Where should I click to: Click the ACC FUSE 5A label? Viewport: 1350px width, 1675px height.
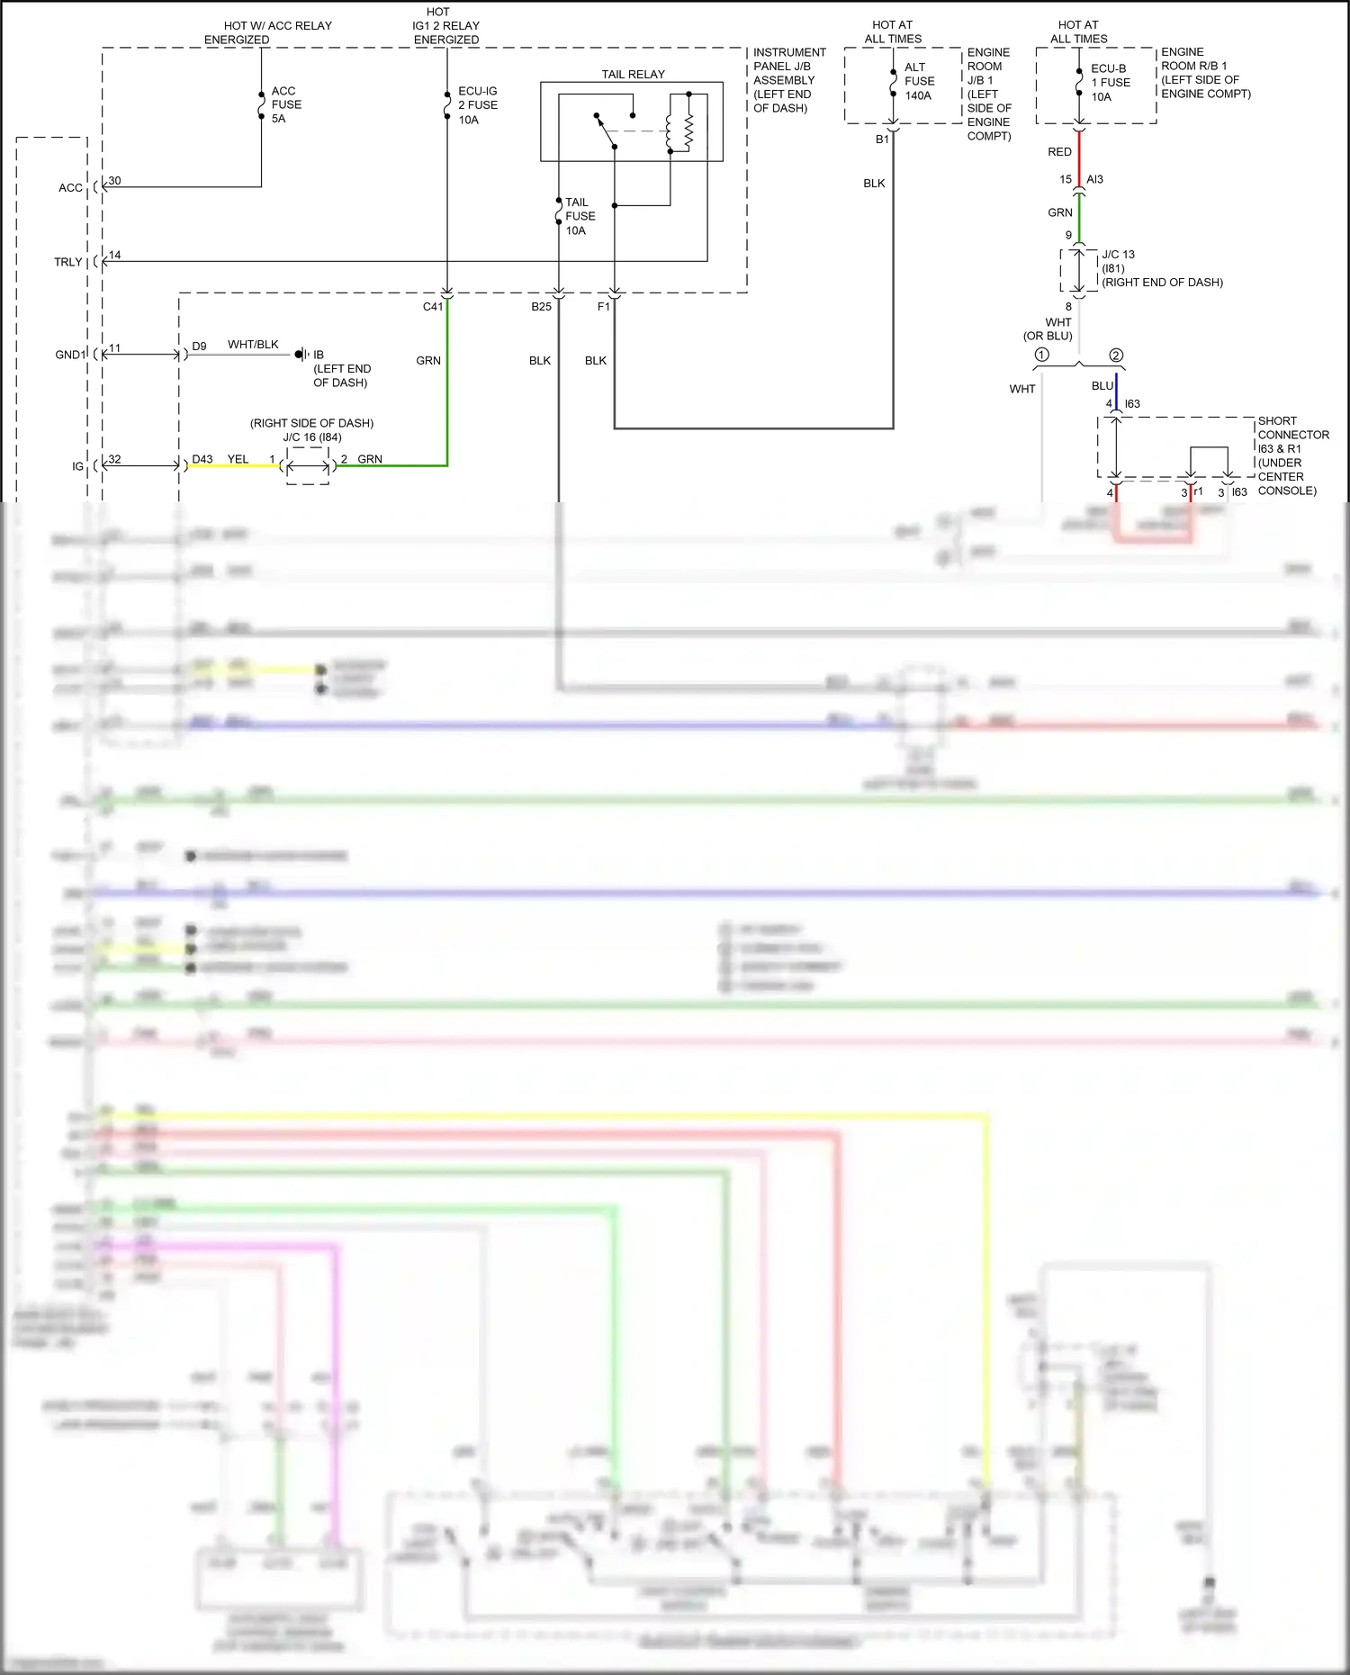[x=286, y=104]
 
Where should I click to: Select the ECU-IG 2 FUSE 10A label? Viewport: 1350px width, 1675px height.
[x=478, y=105]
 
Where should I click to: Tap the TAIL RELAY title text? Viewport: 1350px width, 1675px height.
[x=633, y=74]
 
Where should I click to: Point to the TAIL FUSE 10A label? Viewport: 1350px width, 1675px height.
[x=580, y=216]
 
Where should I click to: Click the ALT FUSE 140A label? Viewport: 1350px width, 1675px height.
[x=919, y=81]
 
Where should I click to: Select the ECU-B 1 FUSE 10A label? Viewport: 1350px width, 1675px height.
[x=1110, y=82]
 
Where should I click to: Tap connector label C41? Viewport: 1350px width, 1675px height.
[x=433, y=307]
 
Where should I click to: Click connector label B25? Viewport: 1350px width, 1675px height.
[x=541, y=307]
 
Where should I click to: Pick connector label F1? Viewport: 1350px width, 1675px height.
[x=603, y=307]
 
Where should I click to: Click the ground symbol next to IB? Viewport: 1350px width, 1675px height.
[x=301, y=355]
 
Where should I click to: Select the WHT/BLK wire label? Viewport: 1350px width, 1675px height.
[x=253, y=345]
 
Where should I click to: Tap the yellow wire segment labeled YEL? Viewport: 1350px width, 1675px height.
[x=234, y=466]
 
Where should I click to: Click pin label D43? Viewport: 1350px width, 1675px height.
[x=202, y=459]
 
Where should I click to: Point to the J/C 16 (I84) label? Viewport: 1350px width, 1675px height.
[x=312, y=437]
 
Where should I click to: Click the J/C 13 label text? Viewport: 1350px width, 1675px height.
[x=1118, y=255]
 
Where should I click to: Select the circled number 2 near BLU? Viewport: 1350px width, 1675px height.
[x=1116, y=355]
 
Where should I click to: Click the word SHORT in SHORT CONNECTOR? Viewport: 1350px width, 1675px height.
[x=1277, y=421]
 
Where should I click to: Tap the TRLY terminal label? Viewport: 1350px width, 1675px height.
[x=67, y=262]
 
